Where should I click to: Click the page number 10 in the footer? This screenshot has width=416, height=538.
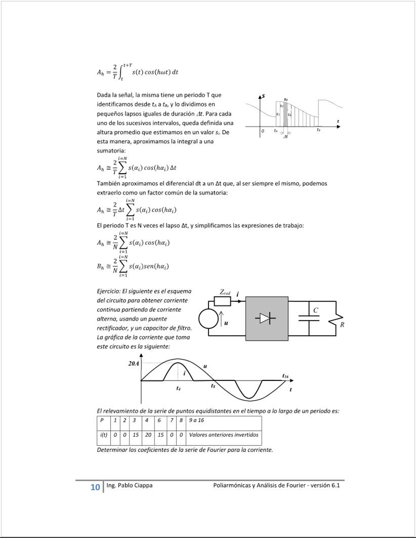coord(95,487)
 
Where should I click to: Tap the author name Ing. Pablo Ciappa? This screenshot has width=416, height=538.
coord(129,485)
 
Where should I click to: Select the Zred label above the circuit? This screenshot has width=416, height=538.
coord(225,292)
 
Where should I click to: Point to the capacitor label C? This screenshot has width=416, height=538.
coord(316,310)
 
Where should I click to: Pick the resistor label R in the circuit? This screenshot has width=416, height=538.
coord(342,325)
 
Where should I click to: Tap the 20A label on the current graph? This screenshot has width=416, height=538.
coord(134,363)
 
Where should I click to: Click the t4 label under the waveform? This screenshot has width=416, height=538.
coord(178,389)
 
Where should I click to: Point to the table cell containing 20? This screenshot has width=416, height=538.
coord(148,435)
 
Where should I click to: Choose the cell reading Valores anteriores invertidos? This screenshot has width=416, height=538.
coord(223,435)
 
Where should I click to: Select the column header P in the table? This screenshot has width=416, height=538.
coord(102,420)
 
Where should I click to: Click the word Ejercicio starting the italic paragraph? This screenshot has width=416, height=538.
coord(108,291)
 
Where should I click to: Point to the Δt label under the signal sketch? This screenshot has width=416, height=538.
coord(286,137)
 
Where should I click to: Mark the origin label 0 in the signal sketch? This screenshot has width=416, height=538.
coord(263,131)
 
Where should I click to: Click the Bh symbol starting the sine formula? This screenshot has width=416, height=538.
coord(100,266)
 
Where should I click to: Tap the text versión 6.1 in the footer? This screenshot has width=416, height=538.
coord(325,485)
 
